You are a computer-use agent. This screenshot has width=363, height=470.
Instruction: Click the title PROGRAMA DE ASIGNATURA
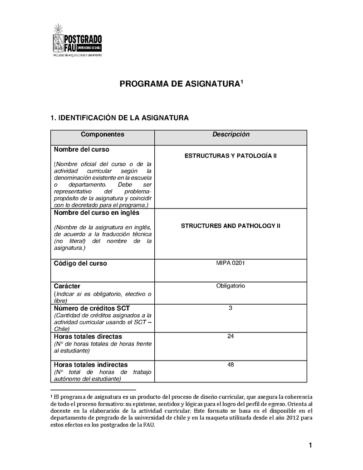tap(180, 84)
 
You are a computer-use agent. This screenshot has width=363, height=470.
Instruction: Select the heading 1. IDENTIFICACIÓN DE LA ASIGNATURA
tap(119, 118)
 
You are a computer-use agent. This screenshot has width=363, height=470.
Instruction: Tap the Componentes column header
tap(102, 134)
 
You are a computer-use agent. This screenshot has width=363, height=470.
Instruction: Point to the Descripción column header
tap(231, 134)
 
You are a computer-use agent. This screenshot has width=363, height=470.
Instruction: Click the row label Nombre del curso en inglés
tap(97, 213)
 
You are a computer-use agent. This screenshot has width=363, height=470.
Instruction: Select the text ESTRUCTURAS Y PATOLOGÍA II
tap(231, 156)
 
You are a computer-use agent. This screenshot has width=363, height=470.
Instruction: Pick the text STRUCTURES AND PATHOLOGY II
tap(231, 226)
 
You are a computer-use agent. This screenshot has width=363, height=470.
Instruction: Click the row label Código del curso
tap(80, 263)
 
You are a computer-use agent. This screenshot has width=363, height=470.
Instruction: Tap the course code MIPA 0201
tap(231, 262)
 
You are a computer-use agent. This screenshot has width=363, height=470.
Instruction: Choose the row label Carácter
tap(67, 286)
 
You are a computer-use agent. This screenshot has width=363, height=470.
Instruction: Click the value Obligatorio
tap(231, 286)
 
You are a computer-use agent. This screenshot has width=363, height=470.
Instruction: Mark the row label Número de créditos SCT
tap(92, 308)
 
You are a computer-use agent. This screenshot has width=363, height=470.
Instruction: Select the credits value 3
tap(231, 308)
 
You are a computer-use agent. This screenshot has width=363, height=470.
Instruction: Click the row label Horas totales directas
tap(88, 336)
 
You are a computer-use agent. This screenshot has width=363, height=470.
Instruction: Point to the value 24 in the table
tap(231, 336)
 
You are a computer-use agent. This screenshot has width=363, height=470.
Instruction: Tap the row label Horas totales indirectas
tap(91, 365)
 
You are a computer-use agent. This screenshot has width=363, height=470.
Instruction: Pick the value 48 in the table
tap(231, 364)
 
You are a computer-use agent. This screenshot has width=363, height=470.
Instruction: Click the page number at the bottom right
tap(310, 445)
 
